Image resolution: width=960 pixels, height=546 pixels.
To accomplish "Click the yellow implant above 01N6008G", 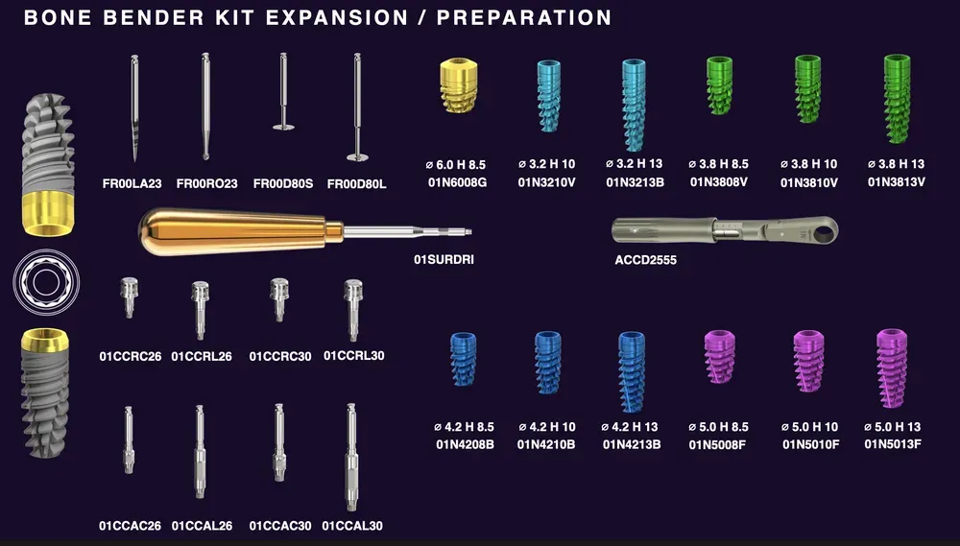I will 458,85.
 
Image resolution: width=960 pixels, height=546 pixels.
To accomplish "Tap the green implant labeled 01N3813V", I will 897,97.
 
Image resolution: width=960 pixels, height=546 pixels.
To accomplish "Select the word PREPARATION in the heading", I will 523,17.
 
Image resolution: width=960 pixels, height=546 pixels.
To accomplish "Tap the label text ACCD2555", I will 646,259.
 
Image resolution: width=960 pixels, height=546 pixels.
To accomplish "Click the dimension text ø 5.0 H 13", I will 893,426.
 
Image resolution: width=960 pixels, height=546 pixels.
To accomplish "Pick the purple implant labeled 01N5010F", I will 809,362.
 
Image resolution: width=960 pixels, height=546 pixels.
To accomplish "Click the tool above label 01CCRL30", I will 353,309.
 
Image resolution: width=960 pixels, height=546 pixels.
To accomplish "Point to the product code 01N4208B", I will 465,444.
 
